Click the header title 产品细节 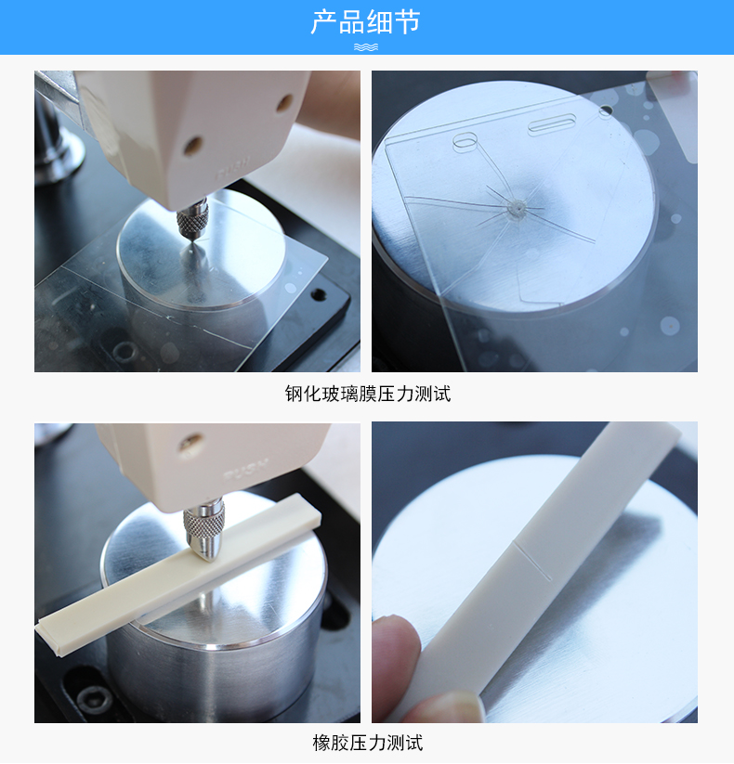365,22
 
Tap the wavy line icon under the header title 366,47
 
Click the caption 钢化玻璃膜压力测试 368,394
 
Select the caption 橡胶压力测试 368,743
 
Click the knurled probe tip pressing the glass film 192,221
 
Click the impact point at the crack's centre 516,209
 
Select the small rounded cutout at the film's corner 465,141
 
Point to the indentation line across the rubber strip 532,560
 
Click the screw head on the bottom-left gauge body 190,444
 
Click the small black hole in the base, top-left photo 319,293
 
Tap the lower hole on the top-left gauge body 192,146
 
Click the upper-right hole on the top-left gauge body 285,104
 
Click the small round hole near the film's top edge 606,111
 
